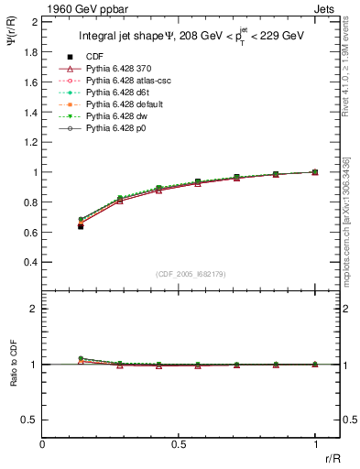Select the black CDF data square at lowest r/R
tap(81, 225)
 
